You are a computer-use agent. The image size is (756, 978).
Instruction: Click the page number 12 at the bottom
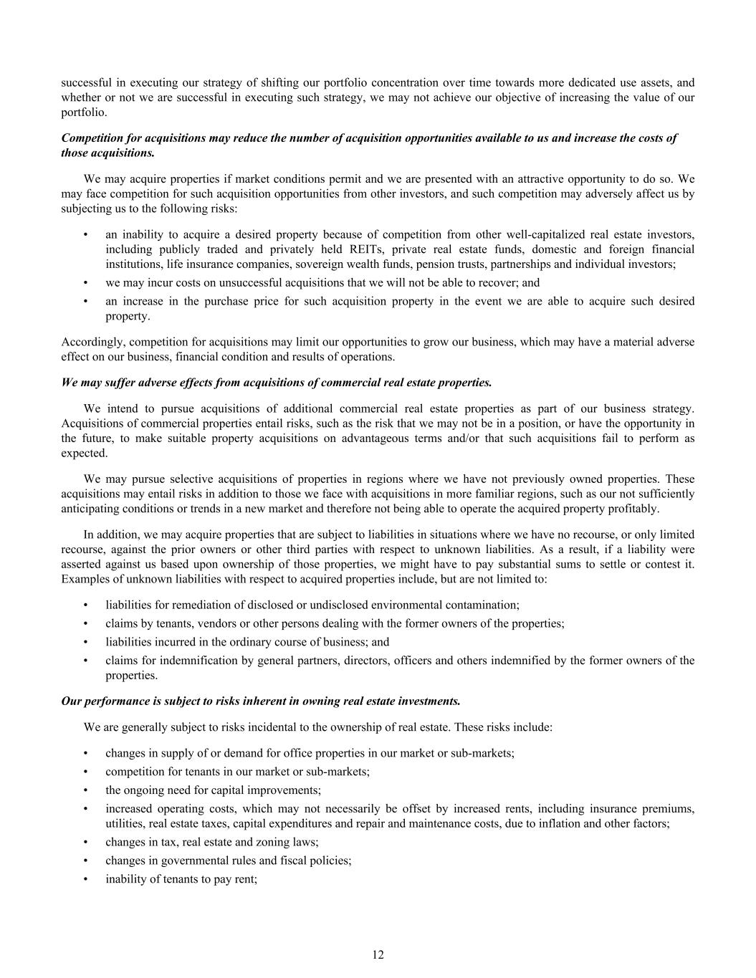(x=378, y=954)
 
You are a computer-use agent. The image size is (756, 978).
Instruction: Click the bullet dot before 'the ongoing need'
(x=86, y=790)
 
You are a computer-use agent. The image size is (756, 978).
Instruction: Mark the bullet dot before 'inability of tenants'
(x=86, y=879)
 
